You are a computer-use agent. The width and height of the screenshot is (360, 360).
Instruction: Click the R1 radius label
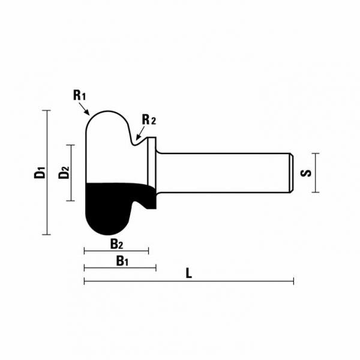79,95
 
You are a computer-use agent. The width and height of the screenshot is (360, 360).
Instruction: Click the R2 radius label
148,119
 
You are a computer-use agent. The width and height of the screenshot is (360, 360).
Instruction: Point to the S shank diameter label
305,173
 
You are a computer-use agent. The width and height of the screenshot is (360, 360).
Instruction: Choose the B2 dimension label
116,244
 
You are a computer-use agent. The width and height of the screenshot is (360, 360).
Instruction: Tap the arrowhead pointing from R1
88,112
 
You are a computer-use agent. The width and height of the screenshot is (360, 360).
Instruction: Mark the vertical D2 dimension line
72,173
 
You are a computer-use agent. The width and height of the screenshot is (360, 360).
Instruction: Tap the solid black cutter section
108,207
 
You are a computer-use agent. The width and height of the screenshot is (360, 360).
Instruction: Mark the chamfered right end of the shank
292,173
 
